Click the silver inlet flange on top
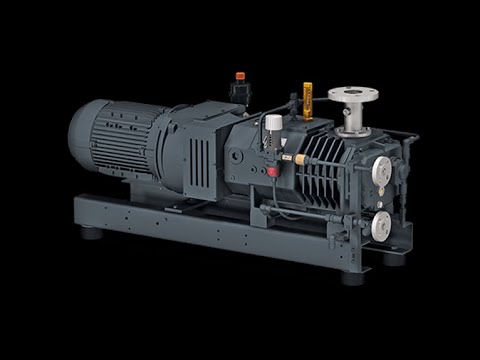tap(352, 96)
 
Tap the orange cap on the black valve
tap(240, 76)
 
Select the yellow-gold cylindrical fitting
tap(309, 99)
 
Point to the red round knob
tap(273, 171)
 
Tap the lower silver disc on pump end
tap(381, 227)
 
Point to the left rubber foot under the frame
tap(91, 233)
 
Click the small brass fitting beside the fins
tap(297, 158)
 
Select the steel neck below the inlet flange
tap(351, 119)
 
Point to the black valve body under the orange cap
tap(240, 92)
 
